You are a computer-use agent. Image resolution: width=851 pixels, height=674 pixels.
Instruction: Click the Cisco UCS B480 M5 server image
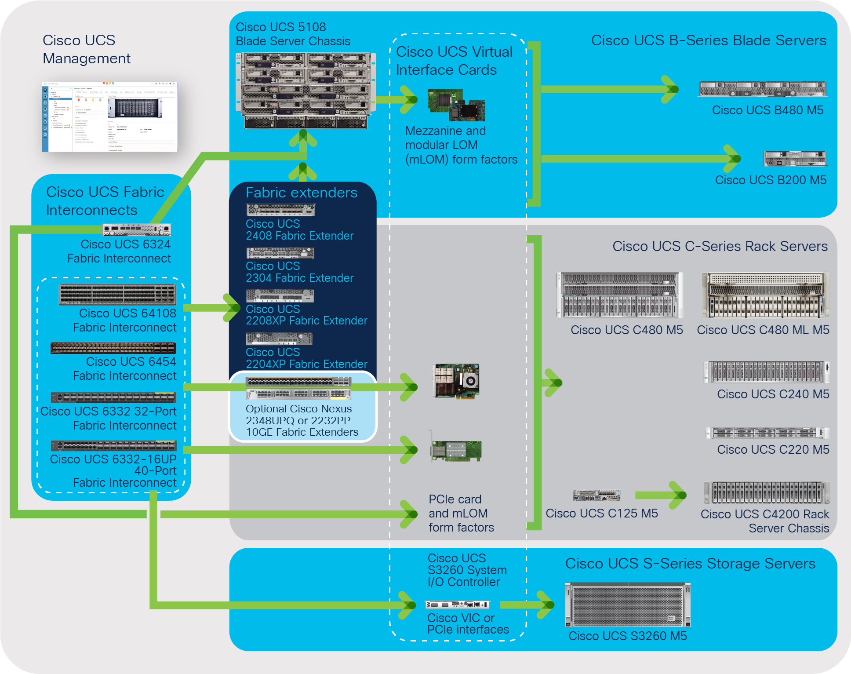(763, 89)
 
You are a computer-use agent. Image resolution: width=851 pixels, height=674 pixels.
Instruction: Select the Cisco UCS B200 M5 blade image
(796, 159)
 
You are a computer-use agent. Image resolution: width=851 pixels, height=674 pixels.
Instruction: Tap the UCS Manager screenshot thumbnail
(109, 117)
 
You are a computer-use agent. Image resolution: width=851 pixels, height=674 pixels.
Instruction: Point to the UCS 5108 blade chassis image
(306, 91)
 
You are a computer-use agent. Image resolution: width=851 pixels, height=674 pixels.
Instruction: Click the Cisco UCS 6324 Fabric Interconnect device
(137, 230)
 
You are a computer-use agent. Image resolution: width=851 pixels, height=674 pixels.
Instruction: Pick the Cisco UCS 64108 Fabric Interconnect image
(118, 295)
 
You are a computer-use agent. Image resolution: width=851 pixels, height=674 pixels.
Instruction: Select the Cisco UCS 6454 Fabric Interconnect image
(113, 348)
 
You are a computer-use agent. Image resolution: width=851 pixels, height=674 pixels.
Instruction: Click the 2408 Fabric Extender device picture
(280, 210)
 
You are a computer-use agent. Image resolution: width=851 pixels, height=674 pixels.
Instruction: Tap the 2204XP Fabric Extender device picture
(279, 339)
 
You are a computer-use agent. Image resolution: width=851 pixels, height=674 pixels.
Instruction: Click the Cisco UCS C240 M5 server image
(767, 372)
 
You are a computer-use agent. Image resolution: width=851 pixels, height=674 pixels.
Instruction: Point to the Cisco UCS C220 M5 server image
(767, 433)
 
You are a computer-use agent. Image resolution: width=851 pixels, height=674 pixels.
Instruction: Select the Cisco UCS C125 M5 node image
(596, 495)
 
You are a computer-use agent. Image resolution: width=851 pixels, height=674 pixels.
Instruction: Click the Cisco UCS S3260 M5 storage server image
(628, 605)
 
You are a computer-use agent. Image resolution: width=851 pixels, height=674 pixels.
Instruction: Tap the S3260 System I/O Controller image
(457, 605)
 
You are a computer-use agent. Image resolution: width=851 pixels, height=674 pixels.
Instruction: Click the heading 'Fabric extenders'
(302, 193)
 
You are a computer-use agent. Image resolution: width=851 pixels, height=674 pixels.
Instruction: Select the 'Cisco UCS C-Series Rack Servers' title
(720, 246)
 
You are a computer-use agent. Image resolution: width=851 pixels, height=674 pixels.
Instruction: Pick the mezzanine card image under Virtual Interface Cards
(456, 105)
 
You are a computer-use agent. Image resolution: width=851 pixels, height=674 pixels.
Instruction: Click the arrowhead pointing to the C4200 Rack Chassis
(678, 495)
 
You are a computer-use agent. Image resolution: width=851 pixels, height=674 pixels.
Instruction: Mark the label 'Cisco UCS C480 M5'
(627, 330)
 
